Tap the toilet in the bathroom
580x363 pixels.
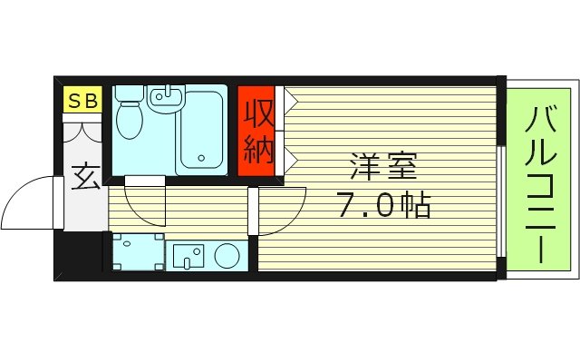point(130,113)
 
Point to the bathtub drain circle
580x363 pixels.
point(201,162)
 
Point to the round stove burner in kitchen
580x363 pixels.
point(227,255)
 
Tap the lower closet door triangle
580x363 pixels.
point(290,158)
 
